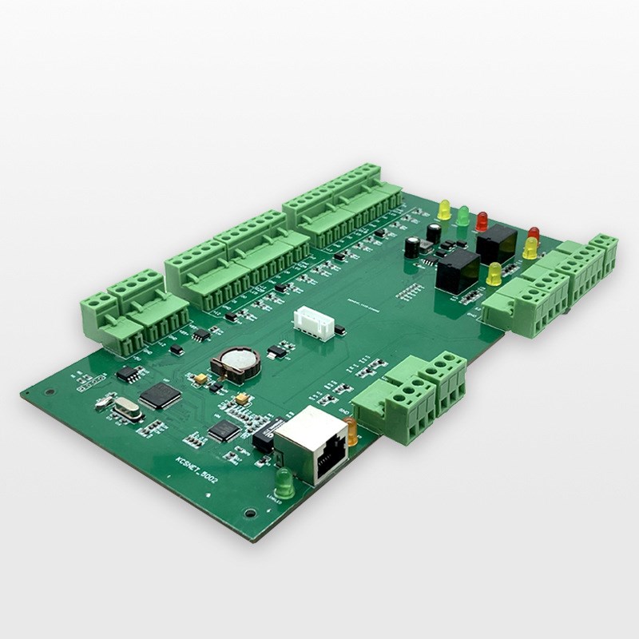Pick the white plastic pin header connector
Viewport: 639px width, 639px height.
click(314, 322)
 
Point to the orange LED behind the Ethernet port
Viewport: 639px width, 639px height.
click(351, 431)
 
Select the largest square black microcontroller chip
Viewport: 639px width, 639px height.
click(161, 395)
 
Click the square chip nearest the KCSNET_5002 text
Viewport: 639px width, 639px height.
click(224, 431)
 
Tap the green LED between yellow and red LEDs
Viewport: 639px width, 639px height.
click(462, 215)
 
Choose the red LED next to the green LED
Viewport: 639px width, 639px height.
click(482, 220)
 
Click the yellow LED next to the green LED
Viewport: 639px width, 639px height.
click(444, 209)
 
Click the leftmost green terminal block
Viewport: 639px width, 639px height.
click(102, 316)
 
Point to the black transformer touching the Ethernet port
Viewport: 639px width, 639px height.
click(264, 435)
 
